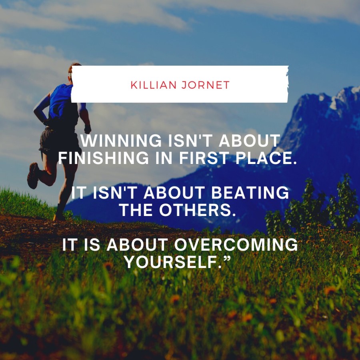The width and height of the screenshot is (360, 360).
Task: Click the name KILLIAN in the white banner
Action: [153, 85]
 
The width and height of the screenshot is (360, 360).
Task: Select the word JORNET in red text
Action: [206, 85]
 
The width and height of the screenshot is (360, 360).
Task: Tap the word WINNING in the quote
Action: [121, 140]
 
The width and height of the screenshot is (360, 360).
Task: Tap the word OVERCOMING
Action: [236, 244]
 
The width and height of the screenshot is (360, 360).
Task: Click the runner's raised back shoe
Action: [33, 176]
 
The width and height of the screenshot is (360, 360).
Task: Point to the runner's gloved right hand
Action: [88, 129]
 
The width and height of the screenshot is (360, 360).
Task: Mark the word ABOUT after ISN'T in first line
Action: [250, 140]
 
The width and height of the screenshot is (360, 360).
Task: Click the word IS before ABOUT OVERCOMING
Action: [92, 244]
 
